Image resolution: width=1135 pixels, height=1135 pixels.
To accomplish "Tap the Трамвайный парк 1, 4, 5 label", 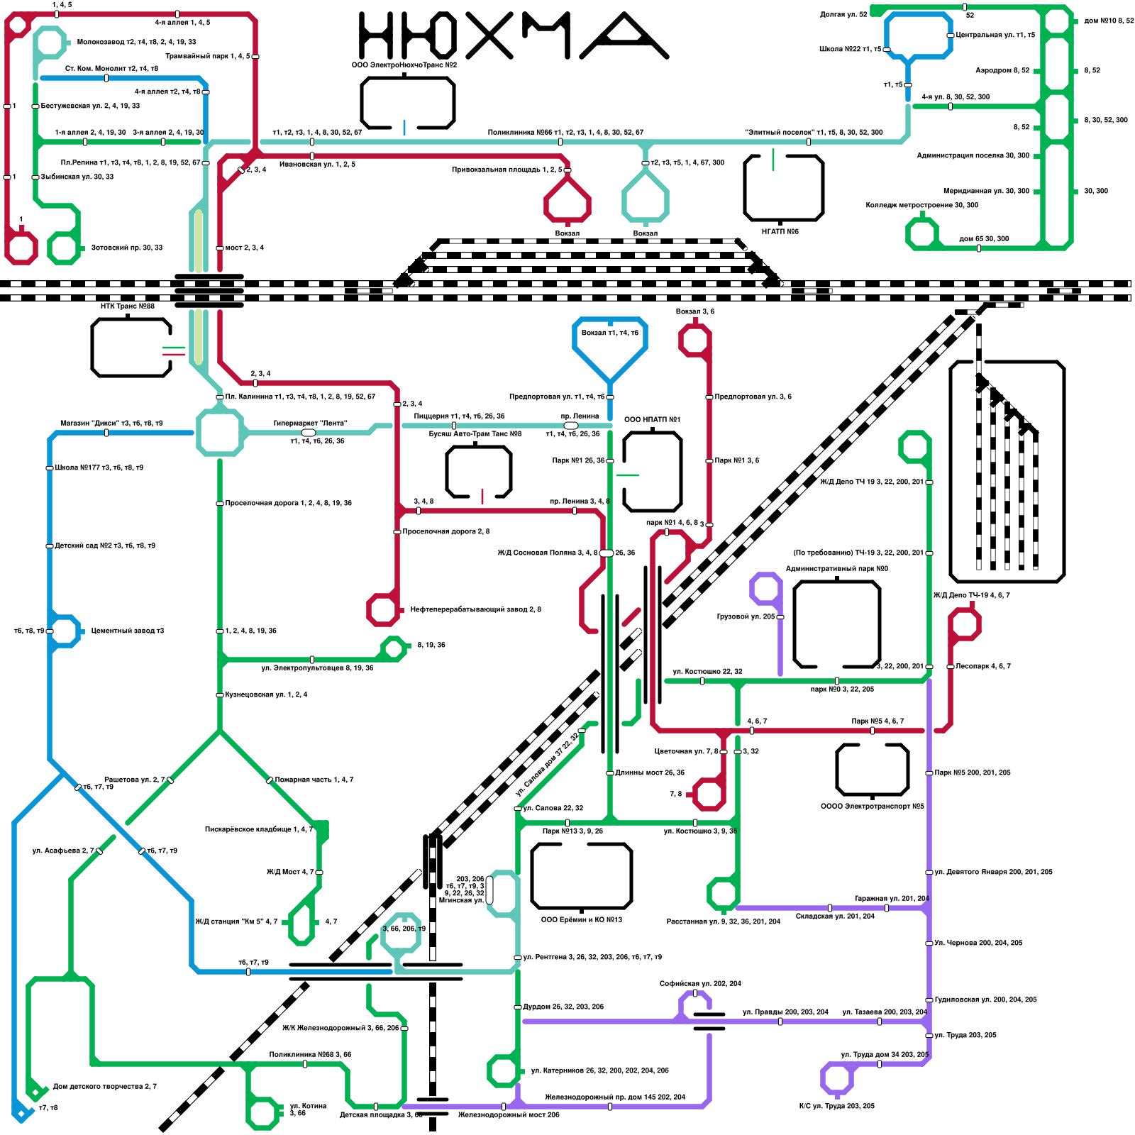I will [207, 56].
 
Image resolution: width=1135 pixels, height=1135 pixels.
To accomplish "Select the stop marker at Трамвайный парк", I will [255, 56].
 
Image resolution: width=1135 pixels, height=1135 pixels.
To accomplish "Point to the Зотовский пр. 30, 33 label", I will [126, 248].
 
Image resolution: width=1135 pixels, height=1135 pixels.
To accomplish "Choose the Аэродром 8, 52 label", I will [1002, 70].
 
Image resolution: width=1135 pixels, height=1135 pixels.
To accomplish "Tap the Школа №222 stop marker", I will [887, 49].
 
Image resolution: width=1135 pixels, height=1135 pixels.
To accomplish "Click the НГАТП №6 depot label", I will [780, 231].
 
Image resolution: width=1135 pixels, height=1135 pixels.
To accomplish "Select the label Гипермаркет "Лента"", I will [310, 423].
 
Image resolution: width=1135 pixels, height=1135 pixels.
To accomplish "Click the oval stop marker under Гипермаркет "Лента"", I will [309, 432].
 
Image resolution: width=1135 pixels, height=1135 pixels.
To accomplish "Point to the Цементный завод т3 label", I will [127, 631].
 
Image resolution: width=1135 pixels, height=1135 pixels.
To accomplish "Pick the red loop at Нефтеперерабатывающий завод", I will [383, 609].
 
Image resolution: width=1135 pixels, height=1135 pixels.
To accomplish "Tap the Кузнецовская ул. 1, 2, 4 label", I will [266, 694].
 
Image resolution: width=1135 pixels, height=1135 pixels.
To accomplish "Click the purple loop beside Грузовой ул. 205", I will [765, 589].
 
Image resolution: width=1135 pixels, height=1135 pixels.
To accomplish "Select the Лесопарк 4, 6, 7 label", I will [982, 666].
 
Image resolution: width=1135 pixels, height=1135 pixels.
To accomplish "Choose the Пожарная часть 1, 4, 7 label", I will [314, 780].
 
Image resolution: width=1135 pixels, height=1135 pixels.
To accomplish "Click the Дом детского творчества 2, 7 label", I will [104, 1086].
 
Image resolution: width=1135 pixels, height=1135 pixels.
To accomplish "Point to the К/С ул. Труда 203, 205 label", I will [836, 1106].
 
